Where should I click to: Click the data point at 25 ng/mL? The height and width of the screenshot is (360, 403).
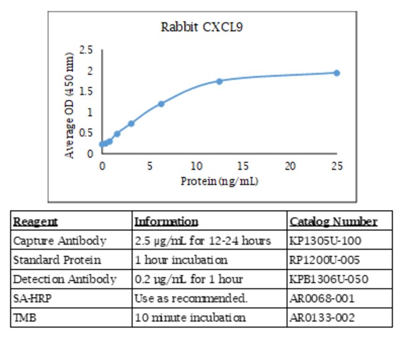337,72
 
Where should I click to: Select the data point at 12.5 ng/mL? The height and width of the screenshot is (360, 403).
219,81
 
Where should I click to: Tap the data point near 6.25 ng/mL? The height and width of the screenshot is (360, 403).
161,103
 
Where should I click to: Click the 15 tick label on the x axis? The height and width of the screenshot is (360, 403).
243,166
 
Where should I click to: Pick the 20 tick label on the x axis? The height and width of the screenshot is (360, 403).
290,166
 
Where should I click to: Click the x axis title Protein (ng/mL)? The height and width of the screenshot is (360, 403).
219,181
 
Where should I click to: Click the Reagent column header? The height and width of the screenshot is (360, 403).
35,221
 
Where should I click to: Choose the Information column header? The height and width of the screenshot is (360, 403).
166,221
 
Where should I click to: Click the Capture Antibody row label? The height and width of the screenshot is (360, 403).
60,240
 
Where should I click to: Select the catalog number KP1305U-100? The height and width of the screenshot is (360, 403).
325,240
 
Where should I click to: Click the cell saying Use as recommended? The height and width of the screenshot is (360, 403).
191,298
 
